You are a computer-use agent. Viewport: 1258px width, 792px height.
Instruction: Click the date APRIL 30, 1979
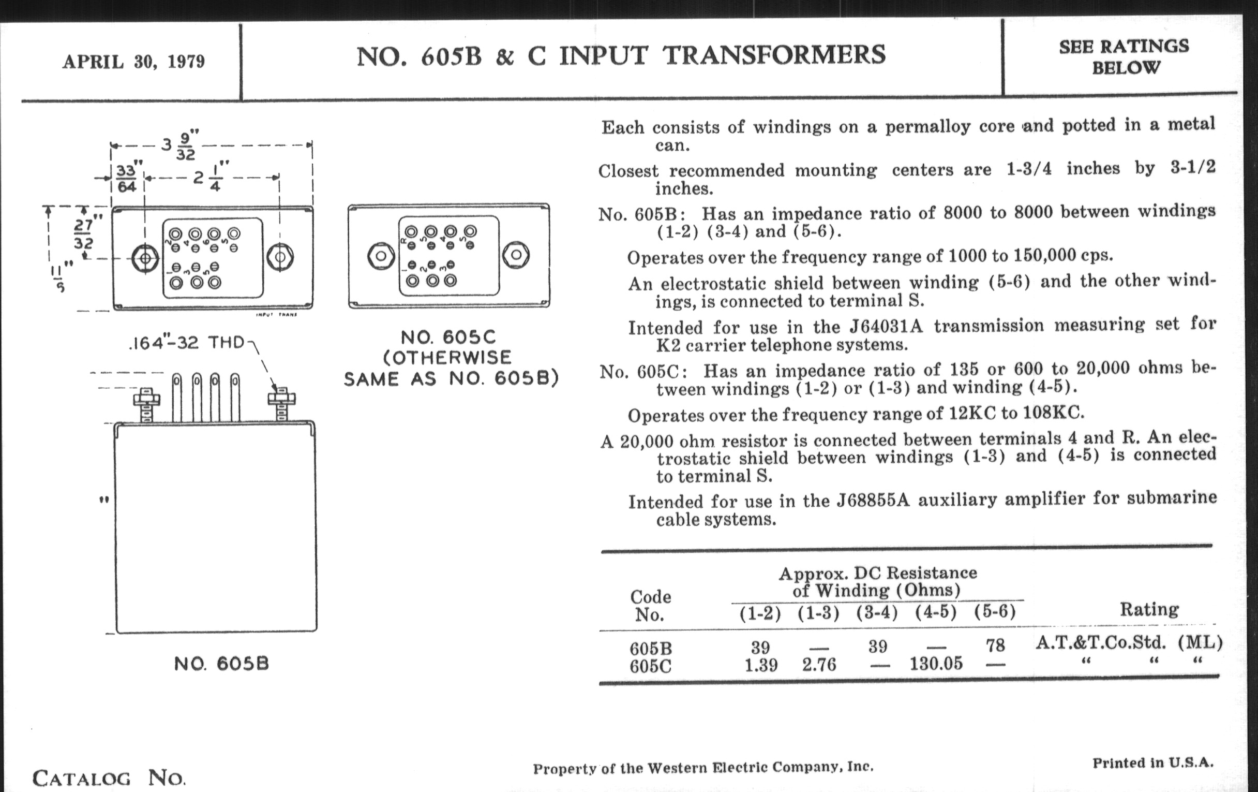(x=134, y=62)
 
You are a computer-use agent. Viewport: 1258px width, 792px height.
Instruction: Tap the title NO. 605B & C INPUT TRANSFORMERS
(x=621, y=55)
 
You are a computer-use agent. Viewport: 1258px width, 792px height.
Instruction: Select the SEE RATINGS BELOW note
(x=1124, y=56)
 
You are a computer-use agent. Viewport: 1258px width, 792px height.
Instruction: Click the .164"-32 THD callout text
(x=187, y=343)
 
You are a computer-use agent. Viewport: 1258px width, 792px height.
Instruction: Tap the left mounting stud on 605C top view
(x=381, y=256)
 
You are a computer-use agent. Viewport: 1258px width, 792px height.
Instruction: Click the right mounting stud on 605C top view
(x=516, y=255)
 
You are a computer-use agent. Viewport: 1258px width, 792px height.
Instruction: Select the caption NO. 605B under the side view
(x=221, y=664)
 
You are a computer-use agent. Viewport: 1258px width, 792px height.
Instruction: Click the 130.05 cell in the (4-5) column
(x=936, y=664)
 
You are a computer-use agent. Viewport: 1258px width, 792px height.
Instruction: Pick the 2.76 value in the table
(x=819, y=665)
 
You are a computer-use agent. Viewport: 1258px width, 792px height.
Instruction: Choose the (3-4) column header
(x=877, y=612)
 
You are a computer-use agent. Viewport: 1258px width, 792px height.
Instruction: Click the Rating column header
(x=1149, y=610)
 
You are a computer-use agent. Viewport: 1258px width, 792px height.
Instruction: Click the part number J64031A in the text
(x=886, y=327)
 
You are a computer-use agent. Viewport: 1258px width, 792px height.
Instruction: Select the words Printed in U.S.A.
(x=1153, y=762)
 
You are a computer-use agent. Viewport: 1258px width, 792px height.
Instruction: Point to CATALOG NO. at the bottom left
(x=109, y=779)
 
